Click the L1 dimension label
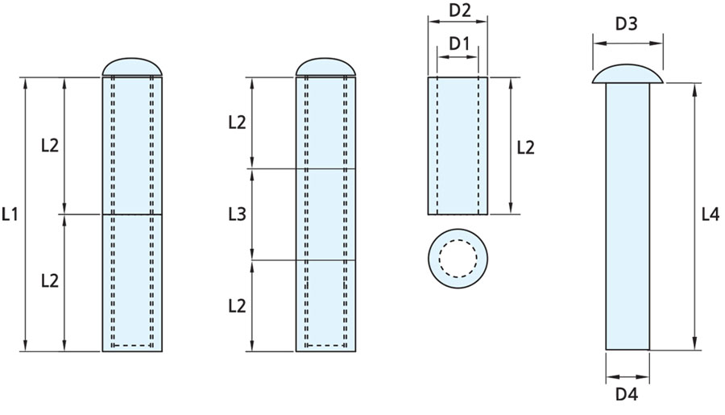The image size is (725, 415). tap(10, 214)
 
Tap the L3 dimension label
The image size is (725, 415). tap(237, 214)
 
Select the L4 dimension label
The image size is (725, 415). tap(710, 214)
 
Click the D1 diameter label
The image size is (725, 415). tap(459, 44)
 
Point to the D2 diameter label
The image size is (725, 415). tap(461, 10)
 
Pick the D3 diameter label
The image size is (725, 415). tap(627, 24)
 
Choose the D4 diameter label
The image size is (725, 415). tap(627, 395)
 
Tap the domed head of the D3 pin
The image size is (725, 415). tap(628, 74)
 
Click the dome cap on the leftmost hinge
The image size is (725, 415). tap(132, 67)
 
